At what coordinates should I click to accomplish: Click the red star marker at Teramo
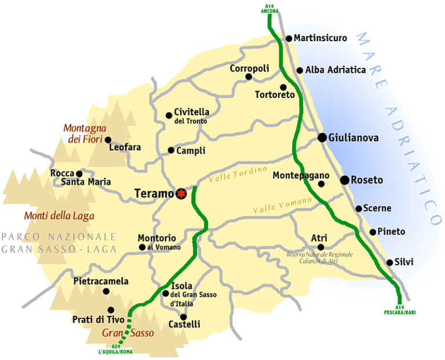[181, 193]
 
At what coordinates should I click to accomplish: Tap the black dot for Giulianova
[322, 137]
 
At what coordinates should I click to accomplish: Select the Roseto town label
[367, 180]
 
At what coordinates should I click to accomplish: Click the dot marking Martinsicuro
[289, 39]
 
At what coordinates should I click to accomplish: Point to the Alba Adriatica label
[335, 70]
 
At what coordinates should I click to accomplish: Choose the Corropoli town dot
[249, 77]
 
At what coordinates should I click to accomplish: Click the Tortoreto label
[275, 94]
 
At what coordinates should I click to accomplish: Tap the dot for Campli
[171, 150]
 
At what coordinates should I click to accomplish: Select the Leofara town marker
[107, 140]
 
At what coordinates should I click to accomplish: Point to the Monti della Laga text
[59, 216]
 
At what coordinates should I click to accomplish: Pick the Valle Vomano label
[283, 205]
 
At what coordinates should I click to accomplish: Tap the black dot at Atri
[320, 247]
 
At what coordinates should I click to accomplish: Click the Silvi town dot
[390, 262]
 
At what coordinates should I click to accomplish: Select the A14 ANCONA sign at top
[269, 9]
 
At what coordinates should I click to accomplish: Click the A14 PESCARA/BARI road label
[400, 310]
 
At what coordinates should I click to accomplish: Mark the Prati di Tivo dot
[111, 310]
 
